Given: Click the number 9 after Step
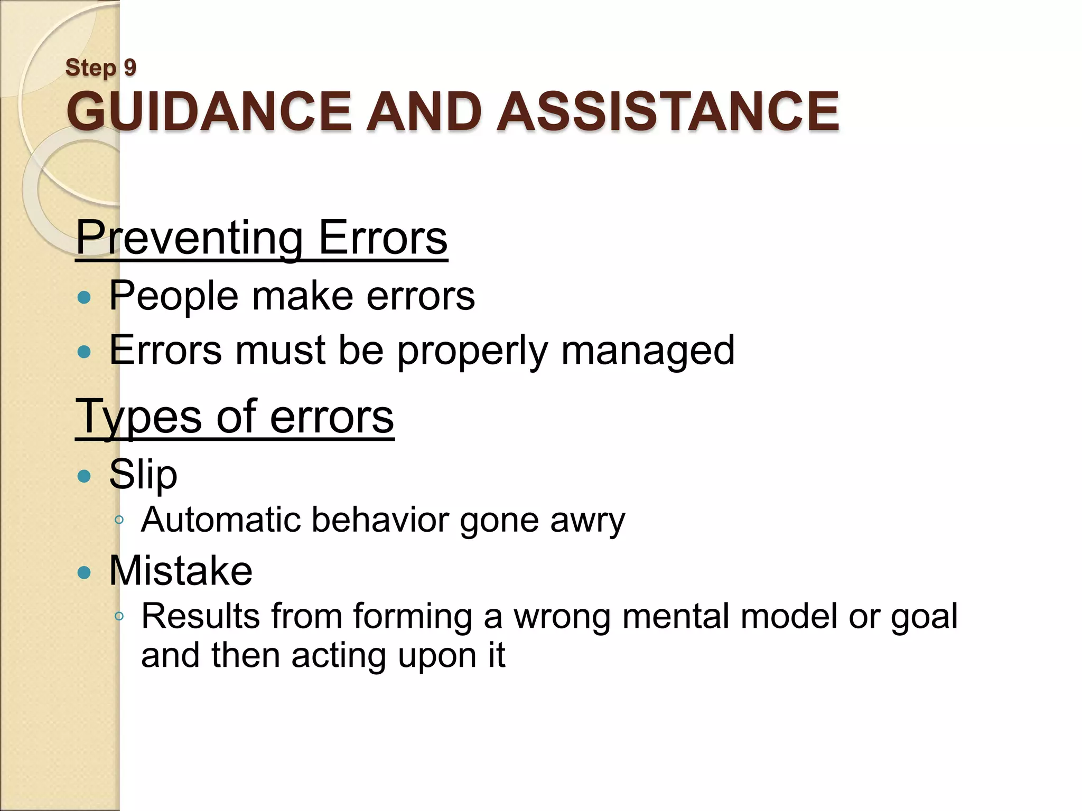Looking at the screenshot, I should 130,68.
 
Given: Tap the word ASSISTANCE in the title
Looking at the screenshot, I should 668,111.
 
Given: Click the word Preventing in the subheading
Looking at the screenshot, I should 189,238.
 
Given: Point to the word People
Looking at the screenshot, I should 174,296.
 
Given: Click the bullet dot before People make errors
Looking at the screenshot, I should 84,298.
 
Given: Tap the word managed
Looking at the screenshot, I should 648,351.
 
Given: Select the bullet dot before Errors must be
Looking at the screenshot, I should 84,352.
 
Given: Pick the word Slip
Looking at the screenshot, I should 143,475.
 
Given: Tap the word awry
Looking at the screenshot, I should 587,521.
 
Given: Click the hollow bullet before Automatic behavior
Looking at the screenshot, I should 119,520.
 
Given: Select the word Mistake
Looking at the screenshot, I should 181,571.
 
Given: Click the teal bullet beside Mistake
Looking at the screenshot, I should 84,572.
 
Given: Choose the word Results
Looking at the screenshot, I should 200,616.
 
